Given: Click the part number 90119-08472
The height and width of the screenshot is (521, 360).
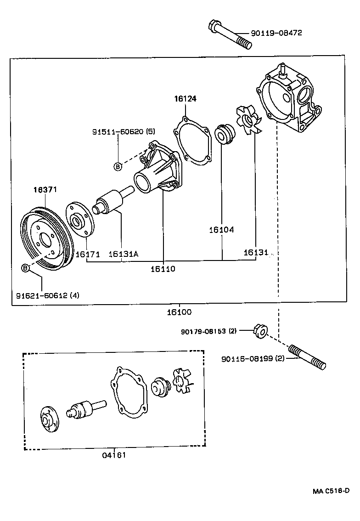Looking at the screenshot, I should pos(276,33).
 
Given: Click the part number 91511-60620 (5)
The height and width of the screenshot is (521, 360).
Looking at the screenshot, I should pos(124,131).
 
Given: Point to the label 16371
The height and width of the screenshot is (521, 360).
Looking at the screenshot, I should pos(45,189).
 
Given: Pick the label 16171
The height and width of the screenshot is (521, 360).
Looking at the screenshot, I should pos(87,254).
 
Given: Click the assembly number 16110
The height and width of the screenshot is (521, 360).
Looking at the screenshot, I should pos(163,268).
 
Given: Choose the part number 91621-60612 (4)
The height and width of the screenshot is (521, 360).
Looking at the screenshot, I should pos(48,295).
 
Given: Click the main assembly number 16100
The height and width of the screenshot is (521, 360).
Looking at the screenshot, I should pos(179,312).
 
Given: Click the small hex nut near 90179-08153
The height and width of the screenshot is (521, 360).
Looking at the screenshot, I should pos(258,330).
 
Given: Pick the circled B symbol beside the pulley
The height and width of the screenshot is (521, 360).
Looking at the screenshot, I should pos(26,268).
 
